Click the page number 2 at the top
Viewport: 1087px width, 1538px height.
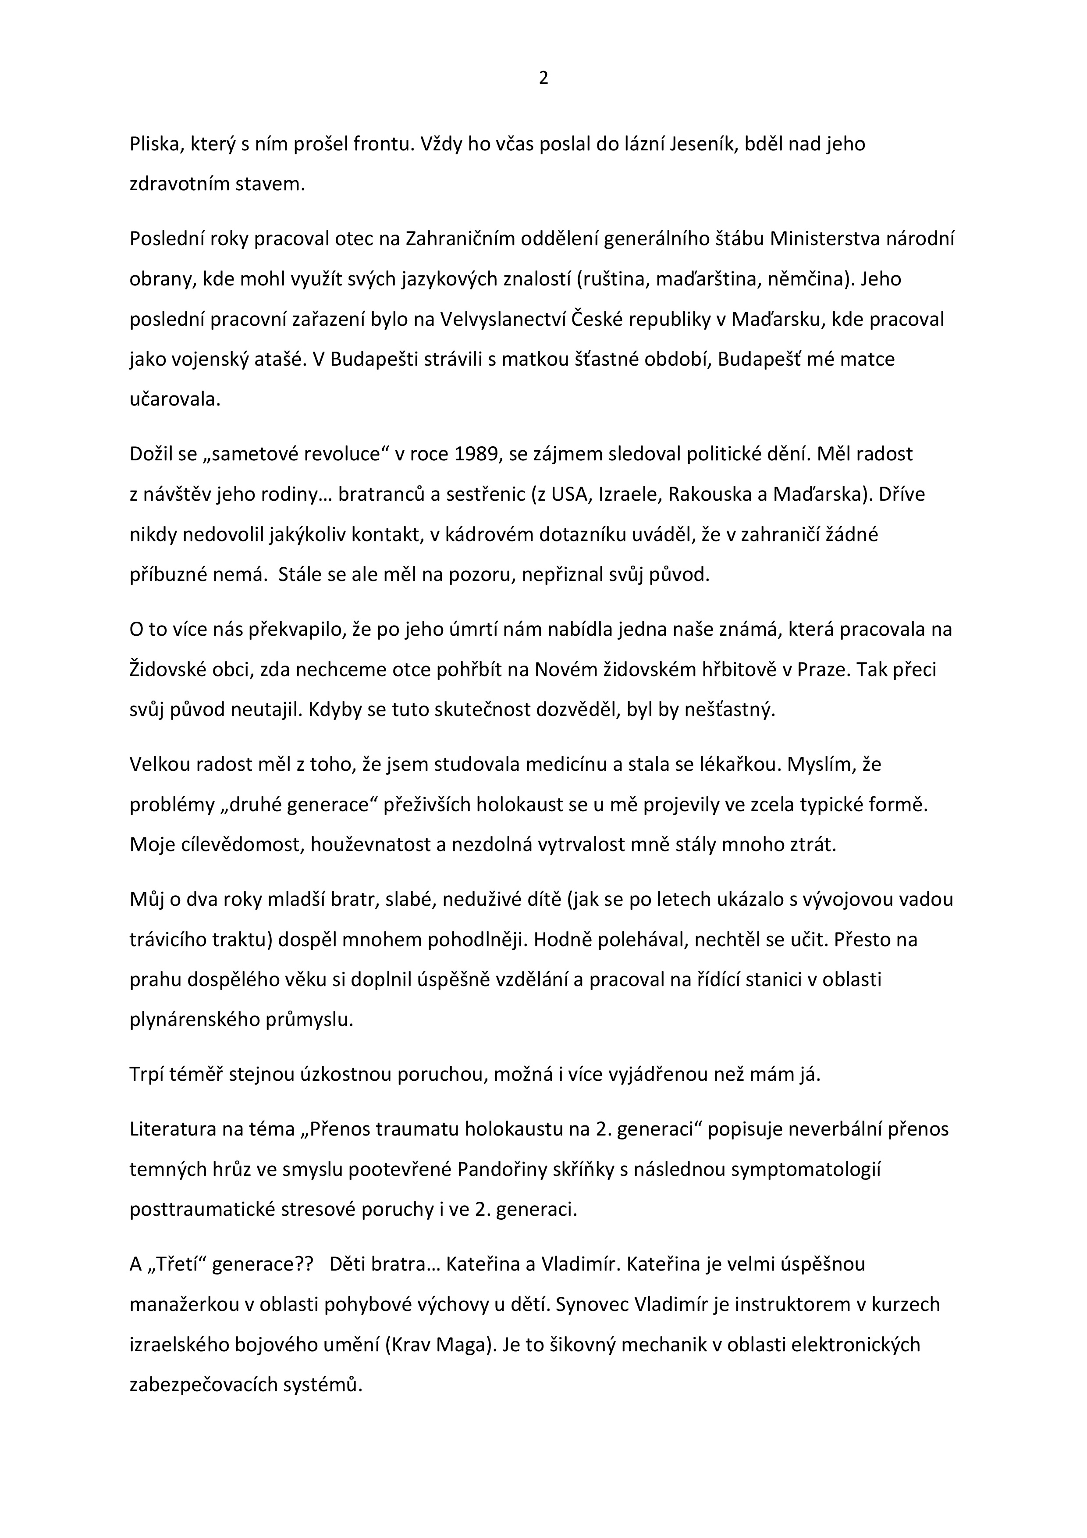point(543,78)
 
